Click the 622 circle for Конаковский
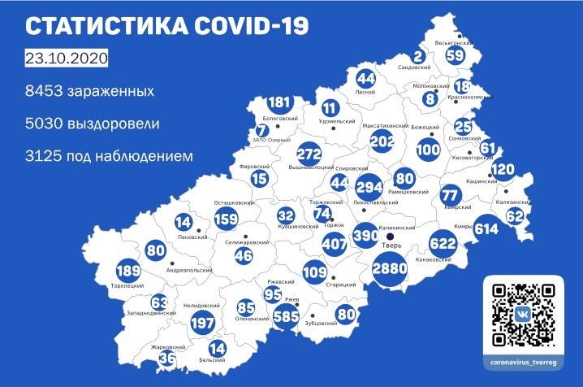[x=445, y=243]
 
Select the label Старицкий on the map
[x=345, y=285]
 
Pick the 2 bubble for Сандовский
[x=418, y=56]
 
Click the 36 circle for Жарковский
[x=166, y=356]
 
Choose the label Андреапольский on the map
[x=188, y=270]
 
